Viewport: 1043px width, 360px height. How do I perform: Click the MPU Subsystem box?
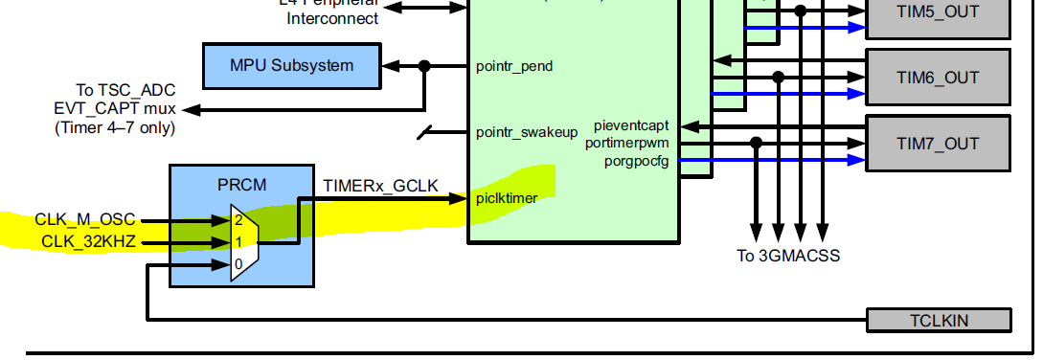(x=291, y=66)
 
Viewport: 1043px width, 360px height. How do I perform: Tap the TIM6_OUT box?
(x=938, y=78)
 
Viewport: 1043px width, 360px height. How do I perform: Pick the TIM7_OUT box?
(x=938, y=144)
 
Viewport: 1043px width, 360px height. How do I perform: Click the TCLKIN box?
(x=938, y=320)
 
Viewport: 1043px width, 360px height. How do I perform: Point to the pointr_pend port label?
(x=513, y=67)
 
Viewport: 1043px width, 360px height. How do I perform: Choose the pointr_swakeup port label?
(x=526, y=132)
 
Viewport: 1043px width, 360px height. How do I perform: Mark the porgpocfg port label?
(x=636, y=160)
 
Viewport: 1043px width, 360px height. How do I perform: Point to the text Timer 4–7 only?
(x=115, y=127)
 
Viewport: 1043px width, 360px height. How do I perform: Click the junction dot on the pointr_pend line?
(x=425, y=66)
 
